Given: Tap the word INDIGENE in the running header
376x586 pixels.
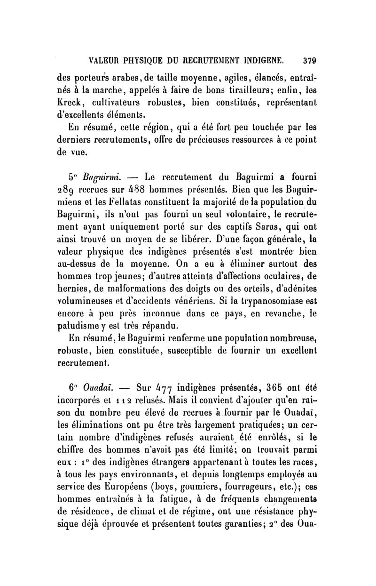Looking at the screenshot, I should [x=260, y=60].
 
